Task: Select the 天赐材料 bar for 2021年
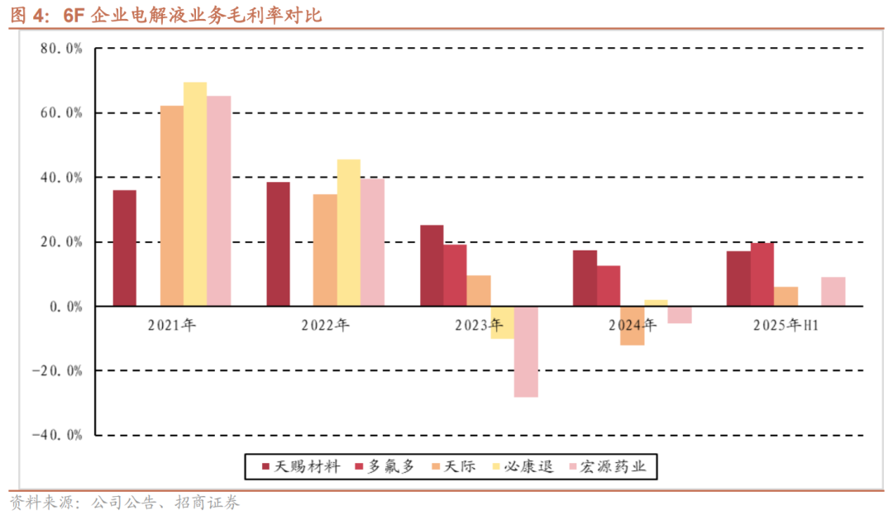pos(125,248)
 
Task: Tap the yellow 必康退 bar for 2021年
pos(195,194)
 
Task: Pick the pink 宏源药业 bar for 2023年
pos(526,351)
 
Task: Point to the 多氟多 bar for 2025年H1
pos(762,274)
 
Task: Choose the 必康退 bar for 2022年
pos(349,232)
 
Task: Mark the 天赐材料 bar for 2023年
pos(432,265)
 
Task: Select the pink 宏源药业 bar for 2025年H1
pos(833,291)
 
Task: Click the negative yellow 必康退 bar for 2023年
pos(502,322)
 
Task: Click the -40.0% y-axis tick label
pos(57,435)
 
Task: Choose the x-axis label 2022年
pos(326,326)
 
